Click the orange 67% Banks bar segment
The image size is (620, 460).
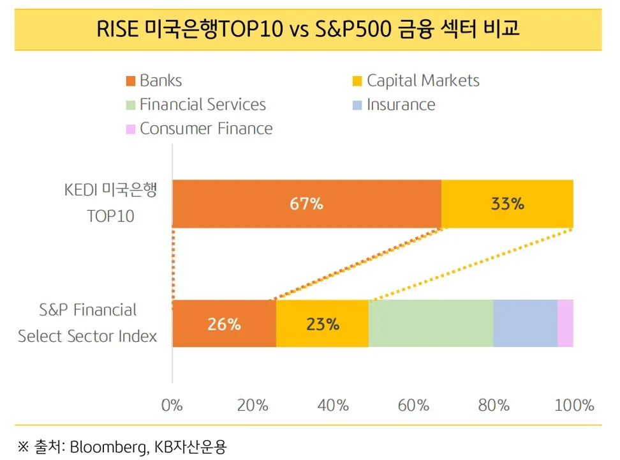click(x=306, y=204)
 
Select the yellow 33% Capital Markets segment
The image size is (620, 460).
click(x=507, y=204)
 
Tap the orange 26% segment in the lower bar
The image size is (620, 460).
click(x=224, y=324)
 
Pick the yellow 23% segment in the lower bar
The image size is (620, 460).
click(x=322, y=324)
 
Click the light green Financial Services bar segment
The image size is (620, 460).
click(x=431, y=324)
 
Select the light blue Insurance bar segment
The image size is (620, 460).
click(x=526, y=324)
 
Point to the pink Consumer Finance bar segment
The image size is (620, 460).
click(x=565, y=324)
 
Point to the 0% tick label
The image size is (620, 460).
click(x=172, y=405)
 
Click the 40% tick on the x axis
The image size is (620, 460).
click(x=333, y=405)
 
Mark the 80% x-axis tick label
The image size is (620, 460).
click(x=494, y=405)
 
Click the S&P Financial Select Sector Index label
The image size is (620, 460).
click(x=87, y=323)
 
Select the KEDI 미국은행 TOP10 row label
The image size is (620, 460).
click(x=110, y=203)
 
